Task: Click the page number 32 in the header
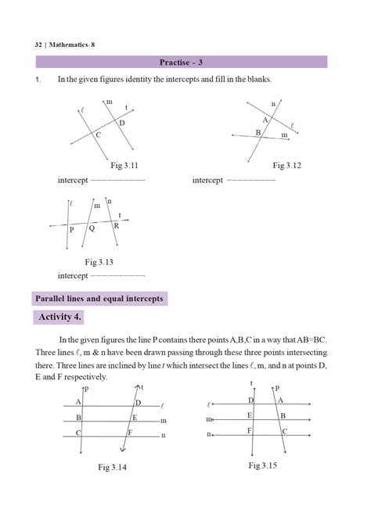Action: tap(38, 44)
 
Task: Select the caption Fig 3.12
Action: tap(287, 166)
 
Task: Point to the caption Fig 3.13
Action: tap(100, 262)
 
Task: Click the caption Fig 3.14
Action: tap(113, 467)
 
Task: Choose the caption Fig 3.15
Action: tap(264, 465)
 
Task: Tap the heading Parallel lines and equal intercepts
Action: tap(99, 298)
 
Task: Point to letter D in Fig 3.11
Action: tap(122, 123)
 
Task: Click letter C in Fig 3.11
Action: tap(99, 136)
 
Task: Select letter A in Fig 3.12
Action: tap(265, 120)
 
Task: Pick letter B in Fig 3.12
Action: tap(258, 133)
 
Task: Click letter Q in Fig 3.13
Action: tap(92, 228)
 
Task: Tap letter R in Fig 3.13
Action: tap(116, 225)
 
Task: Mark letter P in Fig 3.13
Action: tap(71, 231)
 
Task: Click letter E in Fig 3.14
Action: tap(135, 418)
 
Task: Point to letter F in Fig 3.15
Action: tap(248, 430)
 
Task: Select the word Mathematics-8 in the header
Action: tap(72, 44)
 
